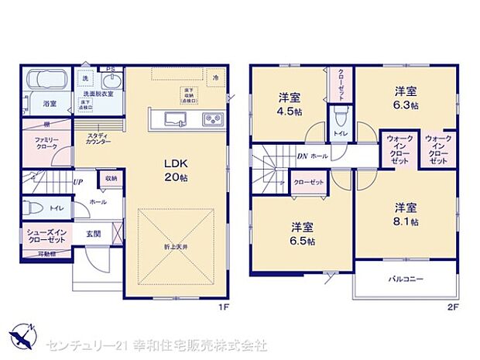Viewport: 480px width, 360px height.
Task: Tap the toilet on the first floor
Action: point(33,208)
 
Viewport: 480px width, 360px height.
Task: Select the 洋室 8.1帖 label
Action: point(406,214)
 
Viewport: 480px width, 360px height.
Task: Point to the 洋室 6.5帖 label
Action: point(301,234)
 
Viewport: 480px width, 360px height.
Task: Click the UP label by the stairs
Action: point(79,183)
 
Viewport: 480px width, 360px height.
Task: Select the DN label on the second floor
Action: point(302,156)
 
